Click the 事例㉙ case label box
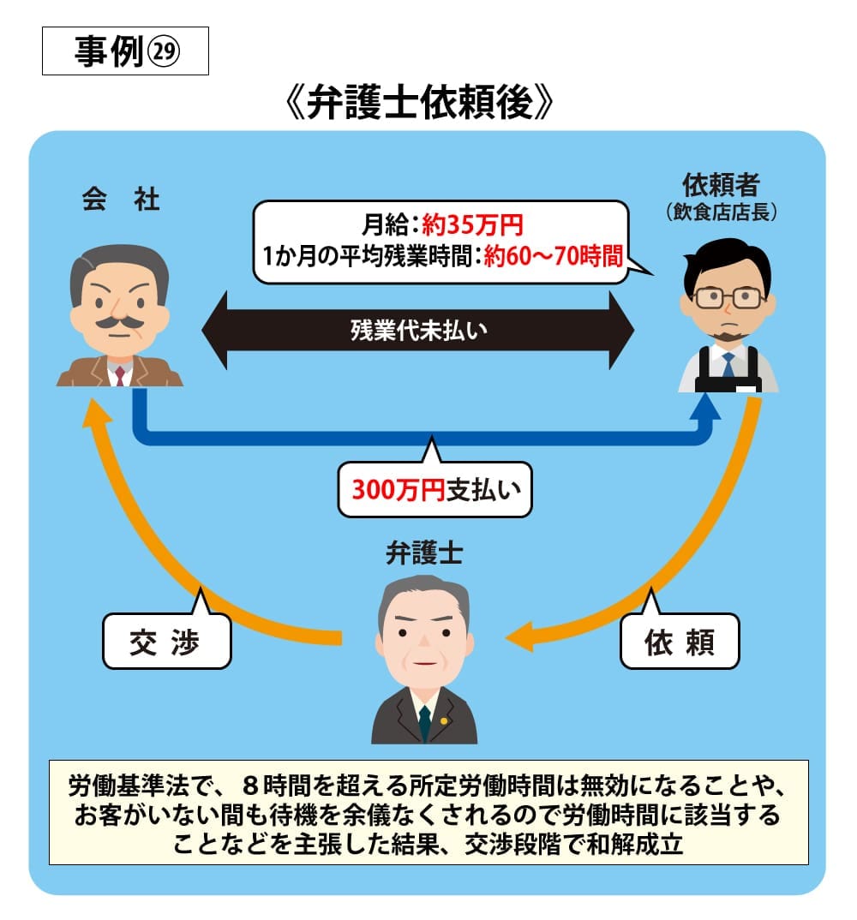click(125, 52)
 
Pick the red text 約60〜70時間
click(552, 256)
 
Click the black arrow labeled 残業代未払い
click(418, 330)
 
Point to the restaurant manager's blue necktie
click(728, 365)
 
